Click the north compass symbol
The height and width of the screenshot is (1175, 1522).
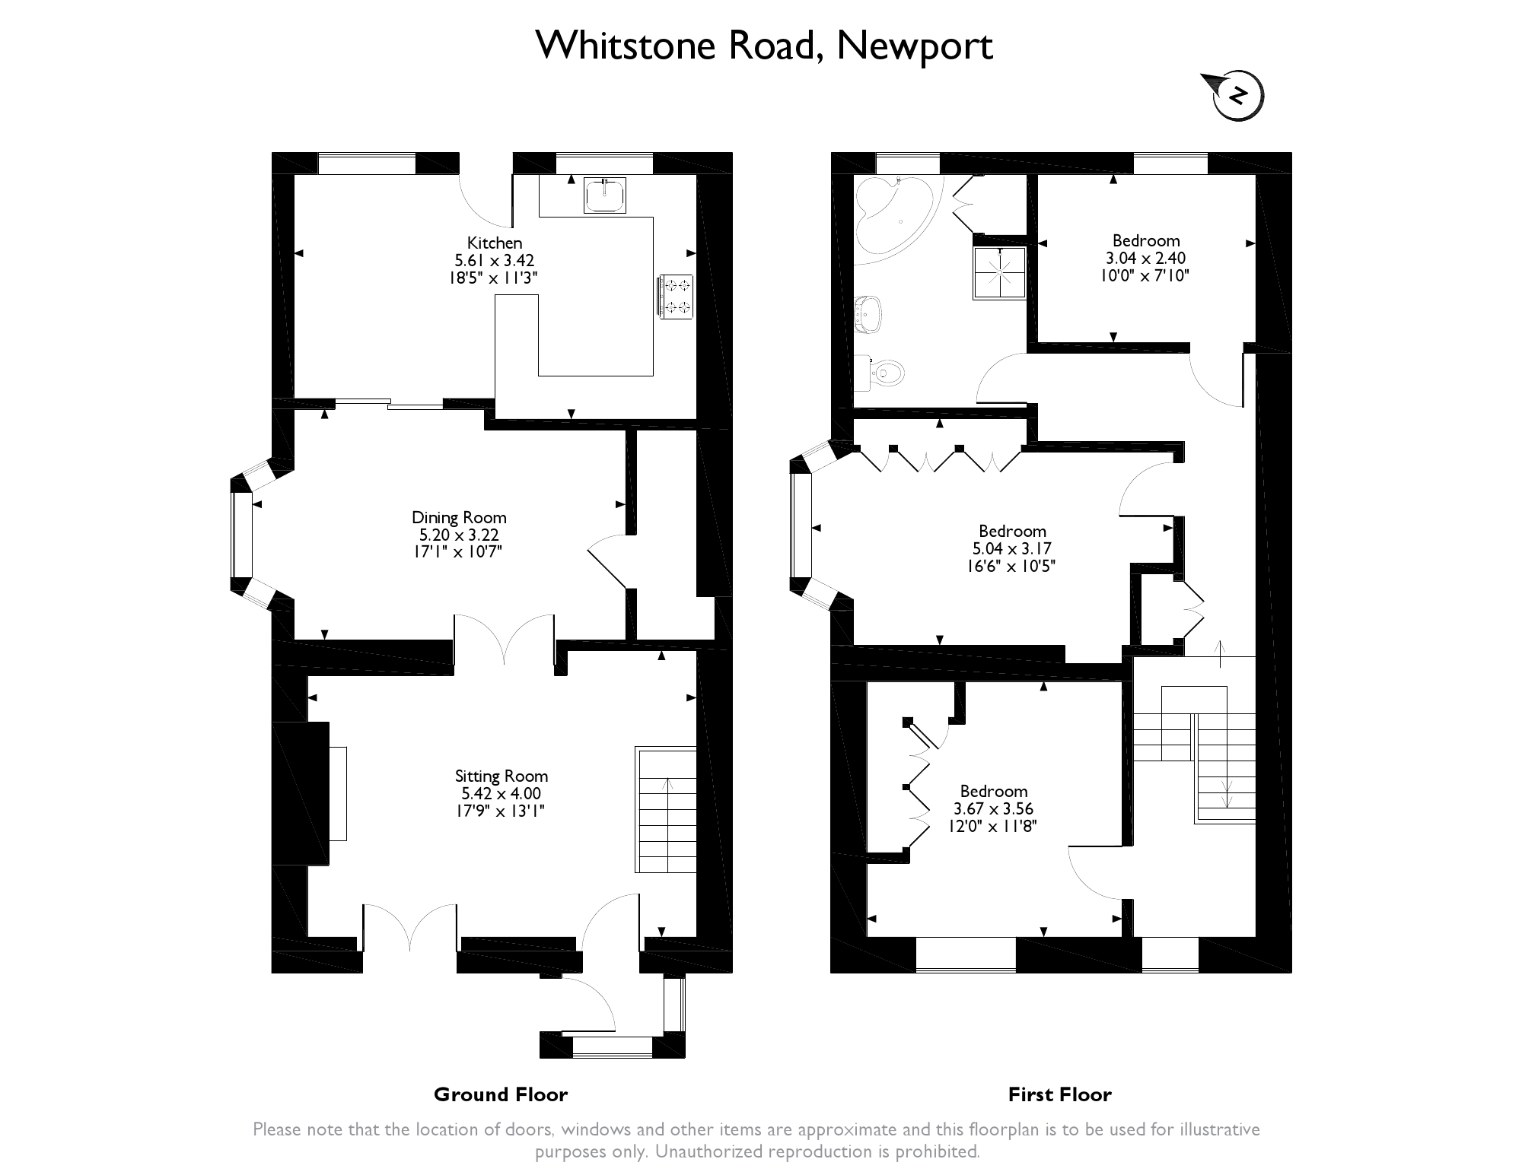click(1237, 96)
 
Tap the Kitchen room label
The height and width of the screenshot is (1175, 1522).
click(495, 243)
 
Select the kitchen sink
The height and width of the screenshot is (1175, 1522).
click(606, 195)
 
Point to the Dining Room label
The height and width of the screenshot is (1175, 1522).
click(459, 517)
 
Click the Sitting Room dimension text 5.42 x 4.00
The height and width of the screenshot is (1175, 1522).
click(501, 793)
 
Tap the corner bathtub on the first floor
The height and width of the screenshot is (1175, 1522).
click(895, 214)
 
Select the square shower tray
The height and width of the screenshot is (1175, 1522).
click(999, 272)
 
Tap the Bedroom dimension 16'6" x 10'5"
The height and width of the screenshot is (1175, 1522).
click(1012, 566)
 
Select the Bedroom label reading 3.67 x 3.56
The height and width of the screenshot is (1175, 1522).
click(994, 808)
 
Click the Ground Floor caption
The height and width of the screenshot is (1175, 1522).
click(501, 1094)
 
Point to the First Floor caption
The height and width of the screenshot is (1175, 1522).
click(1060, 1094)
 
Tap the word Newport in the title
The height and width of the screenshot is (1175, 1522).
click(915, 46)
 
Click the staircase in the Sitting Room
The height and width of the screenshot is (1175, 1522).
click(666, 810)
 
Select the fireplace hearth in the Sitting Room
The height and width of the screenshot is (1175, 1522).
click(338, 793)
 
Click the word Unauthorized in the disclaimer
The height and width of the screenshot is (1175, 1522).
click(708, 1151)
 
